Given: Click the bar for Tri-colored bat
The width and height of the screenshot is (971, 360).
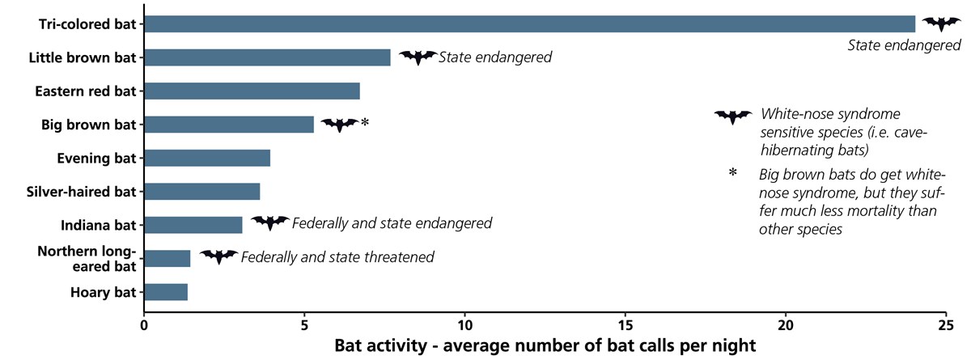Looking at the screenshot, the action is (530, 24).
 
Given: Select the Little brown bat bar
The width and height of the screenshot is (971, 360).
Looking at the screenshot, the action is (268, 57).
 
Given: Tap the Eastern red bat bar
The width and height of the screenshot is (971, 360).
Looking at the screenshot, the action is (252, 91).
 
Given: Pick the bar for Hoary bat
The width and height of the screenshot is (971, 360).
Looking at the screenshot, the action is (166, 292).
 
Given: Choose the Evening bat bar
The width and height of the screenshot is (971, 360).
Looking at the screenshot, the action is (207, 158).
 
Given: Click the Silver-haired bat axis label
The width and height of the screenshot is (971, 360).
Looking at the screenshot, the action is (81, 192).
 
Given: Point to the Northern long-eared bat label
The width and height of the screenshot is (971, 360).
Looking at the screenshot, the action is (87, 259).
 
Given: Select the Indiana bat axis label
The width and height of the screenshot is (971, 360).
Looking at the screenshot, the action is (99, 225).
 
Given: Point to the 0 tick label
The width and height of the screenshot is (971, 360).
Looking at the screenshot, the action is (144, 325).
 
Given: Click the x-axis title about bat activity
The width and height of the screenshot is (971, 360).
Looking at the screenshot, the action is (545, 345).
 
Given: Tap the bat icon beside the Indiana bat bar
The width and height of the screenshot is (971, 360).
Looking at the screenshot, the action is (270, 222).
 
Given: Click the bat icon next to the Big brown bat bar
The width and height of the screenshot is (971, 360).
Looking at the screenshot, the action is (340, 125).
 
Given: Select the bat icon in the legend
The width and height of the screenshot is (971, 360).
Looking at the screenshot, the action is (733, 117).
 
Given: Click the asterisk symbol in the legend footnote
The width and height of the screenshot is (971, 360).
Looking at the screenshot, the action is (732, 173).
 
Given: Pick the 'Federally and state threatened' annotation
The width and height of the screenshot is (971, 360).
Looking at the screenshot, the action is (337, 257).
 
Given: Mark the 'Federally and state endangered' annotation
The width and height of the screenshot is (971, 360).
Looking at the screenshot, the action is (392, 223).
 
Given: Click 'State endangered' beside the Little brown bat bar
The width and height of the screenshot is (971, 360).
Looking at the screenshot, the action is (495, 57).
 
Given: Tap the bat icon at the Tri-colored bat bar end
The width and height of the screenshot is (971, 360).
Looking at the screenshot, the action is (941, 24).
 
